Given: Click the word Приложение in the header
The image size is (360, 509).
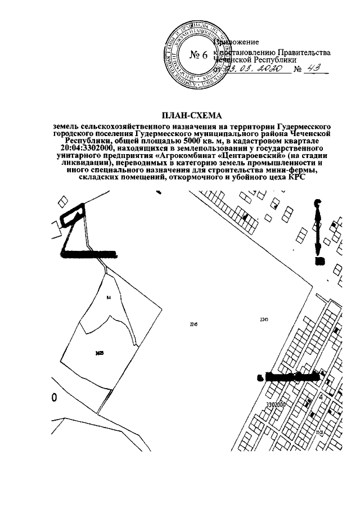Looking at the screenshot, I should point(237,42).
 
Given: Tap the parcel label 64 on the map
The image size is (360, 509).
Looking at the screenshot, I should point(108,296).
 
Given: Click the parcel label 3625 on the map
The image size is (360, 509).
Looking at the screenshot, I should point(100,353).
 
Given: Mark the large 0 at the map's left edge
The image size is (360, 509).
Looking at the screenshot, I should point(54,398).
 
